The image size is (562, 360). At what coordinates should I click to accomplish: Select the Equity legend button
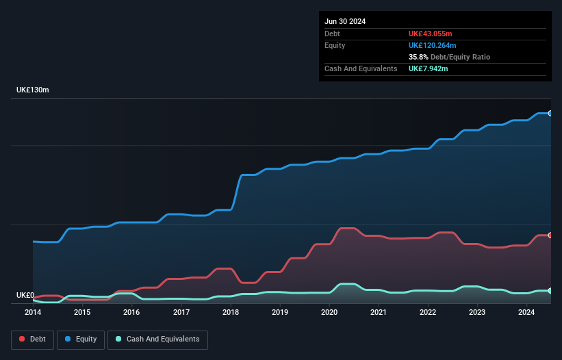pyautogui.click(x=81, y=339)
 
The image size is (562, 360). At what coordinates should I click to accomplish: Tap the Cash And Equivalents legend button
pyautogui.click(x=157, y=339)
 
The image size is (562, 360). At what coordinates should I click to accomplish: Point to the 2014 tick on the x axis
pyautogui.click(x=33, y=313)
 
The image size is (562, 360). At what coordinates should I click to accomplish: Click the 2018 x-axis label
pyautogui.click(x=231, y=313)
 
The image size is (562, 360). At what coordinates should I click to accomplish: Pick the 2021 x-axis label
pyautogui.click(x=379, y=313)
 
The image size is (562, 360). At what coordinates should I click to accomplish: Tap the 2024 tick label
pyautogui.click(x=526, y=313)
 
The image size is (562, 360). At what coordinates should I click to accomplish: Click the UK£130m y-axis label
pyautogui.click(x=33, y=90)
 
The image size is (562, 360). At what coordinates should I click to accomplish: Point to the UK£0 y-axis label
pyautogui.click(x=25, y=296)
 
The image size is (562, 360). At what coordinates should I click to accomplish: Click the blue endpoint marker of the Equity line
pyautogui.click(x=550, y=113)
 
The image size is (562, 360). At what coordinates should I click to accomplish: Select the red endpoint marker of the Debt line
pyautogui.click(x=550, y=235)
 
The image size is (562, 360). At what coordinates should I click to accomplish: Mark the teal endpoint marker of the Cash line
pyautogui.click(x=550, y=291)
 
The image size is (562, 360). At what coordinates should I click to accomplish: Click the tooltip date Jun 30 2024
pyautogui.click(x=345, y=21)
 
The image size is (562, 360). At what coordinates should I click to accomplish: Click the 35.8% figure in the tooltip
pyautogui.click(x=418, y=57)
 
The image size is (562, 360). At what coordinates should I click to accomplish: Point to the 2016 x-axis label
pyautogui.click(x=131, y=313)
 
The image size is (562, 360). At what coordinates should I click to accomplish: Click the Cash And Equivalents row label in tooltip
pyautogui.click(x=361, y=68)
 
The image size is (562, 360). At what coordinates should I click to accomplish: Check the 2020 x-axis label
pyautogui.click(x=329, y=313)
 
